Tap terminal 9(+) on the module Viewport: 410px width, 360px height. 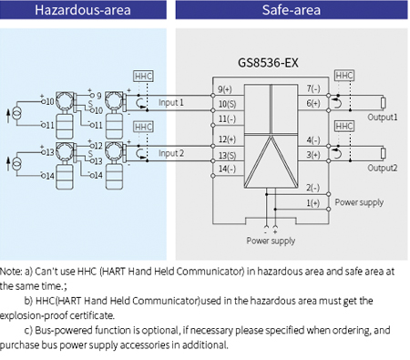[227, 89]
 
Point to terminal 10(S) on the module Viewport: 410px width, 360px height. [227, 105]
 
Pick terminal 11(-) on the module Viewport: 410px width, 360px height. [227, 119]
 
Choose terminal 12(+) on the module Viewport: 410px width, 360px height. [227, 139]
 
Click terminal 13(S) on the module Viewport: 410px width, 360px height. [227, 155]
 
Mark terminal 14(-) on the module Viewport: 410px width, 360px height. [227, 170]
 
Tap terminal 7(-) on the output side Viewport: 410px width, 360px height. [313, 89]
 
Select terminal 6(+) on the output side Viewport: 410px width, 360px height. [313, 104]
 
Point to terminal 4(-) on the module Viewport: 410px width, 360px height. [313, 140]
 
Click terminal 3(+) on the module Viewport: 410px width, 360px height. [313, 155]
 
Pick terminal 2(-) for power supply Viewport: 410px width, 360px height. [313, 187]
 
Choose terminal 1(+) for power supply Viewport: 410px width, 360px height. [313, 202]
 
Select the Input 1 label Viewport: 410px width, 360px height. [171, 103]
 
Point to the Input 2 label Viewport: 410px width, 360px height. [171, 153]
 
